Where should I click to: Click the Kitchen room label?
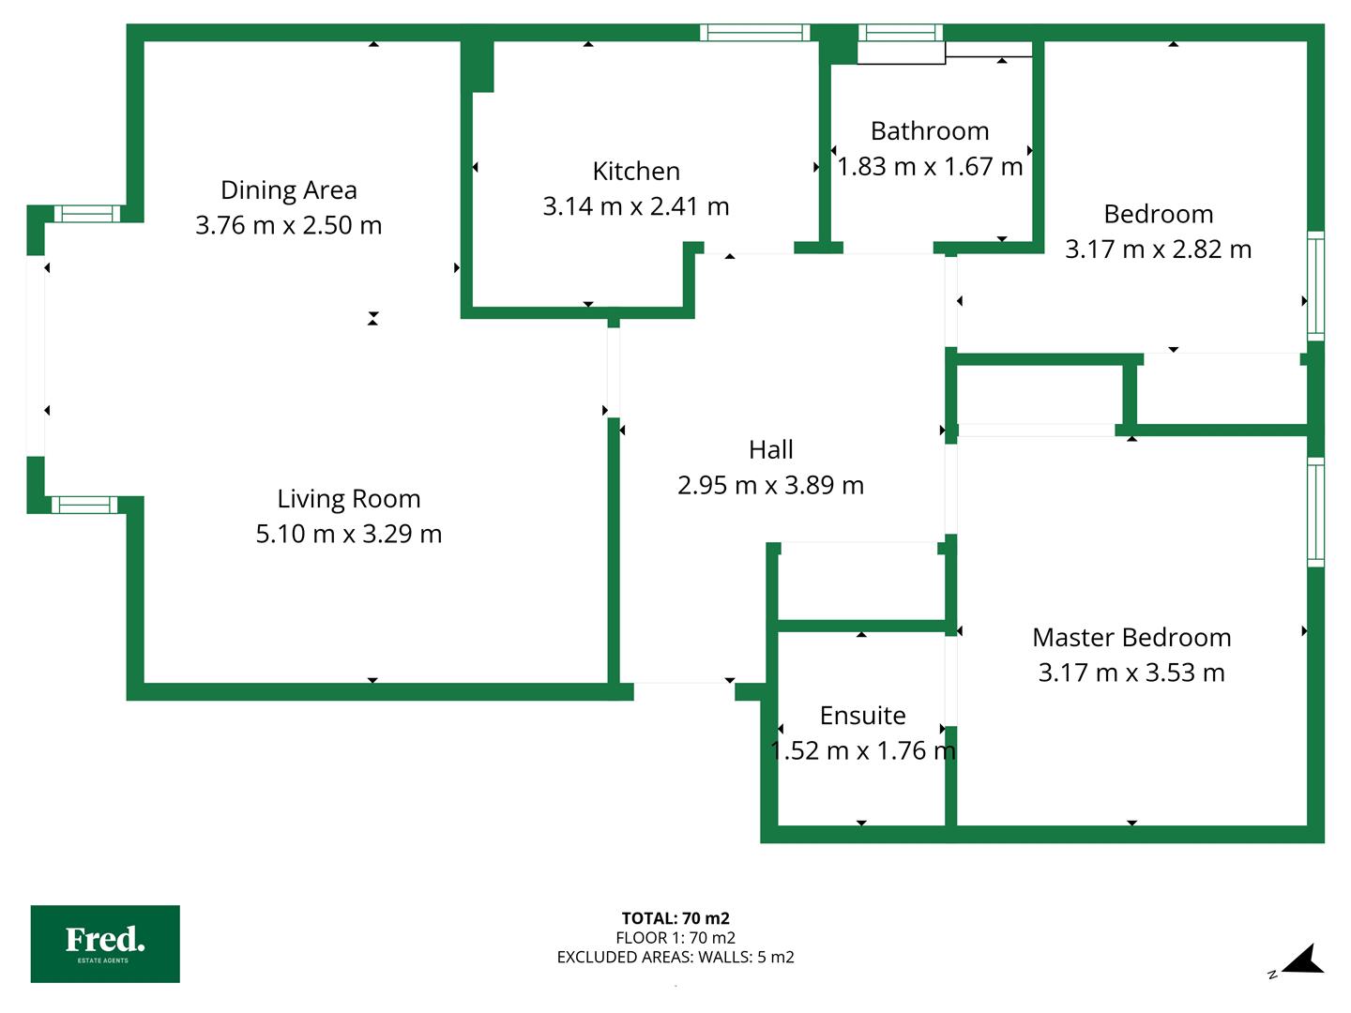[636, 171]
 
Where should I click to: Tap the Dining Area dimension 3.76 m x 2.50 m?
[289, 225]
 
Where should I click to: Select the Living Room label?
[349, 498]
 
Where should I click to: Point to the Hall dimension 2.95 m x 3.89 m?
[770, 485]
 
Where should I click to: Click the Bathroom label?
[930, 131]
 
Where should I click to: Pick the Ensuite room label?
[862, 716]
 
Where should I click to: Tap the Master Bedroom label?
[1131, 637]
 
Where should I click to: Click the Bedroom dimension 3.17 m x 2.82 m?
[1159, 249]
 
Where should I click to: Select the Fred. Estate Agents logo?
[105, 944]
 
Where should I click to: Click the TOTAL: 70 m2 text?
[675, 918]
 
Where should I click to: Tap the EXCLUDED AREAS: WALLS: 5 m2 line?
[675, 957]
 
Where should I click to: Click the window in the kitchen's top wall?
[754, 33]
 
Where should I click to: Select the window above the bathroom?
[901, 33]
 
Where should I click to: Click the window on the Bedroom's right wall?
[1315, 286]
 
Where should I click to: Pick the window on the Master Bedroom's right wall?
[1315, 512]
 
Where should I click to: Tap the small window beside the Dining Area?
[87, 214]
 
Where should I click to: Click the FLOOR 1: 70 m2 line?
[675, 937]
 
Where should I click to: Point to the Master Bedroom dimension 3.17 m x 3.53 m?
[1131, 673]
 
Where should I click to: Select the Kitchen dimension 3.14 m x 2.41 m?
[636, 206]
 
